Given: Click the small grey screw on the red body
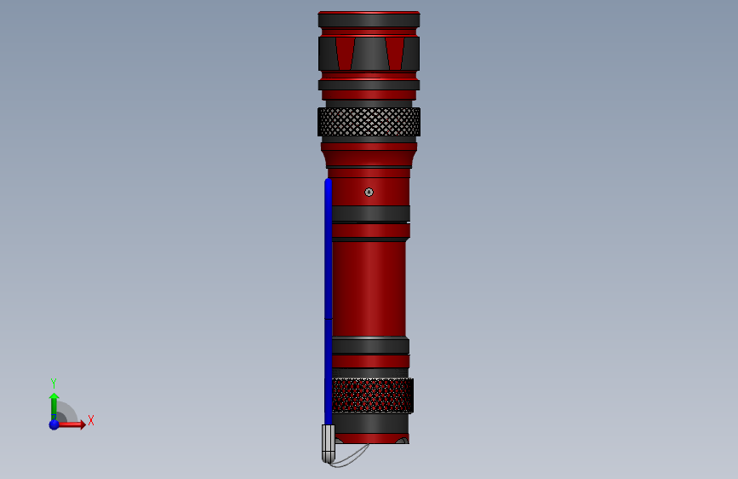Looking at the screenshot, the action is pos(369,192).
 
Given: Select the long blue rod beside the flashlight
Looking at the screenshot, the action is pos(328,302).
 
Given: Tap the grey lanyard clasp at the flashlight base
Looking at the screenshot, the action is pos(328,443).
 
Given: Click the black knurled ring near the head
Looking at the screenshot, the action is pos(369,122).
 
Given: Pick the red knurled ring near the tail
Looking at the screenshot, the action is pos(373,395).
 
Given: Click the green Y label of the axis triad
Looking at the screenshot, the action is pos(54,384).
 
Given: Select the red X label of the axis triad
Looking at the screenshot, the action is pos(91,420).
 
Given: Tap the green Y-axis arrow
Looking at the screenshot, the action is pos(54,407).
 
